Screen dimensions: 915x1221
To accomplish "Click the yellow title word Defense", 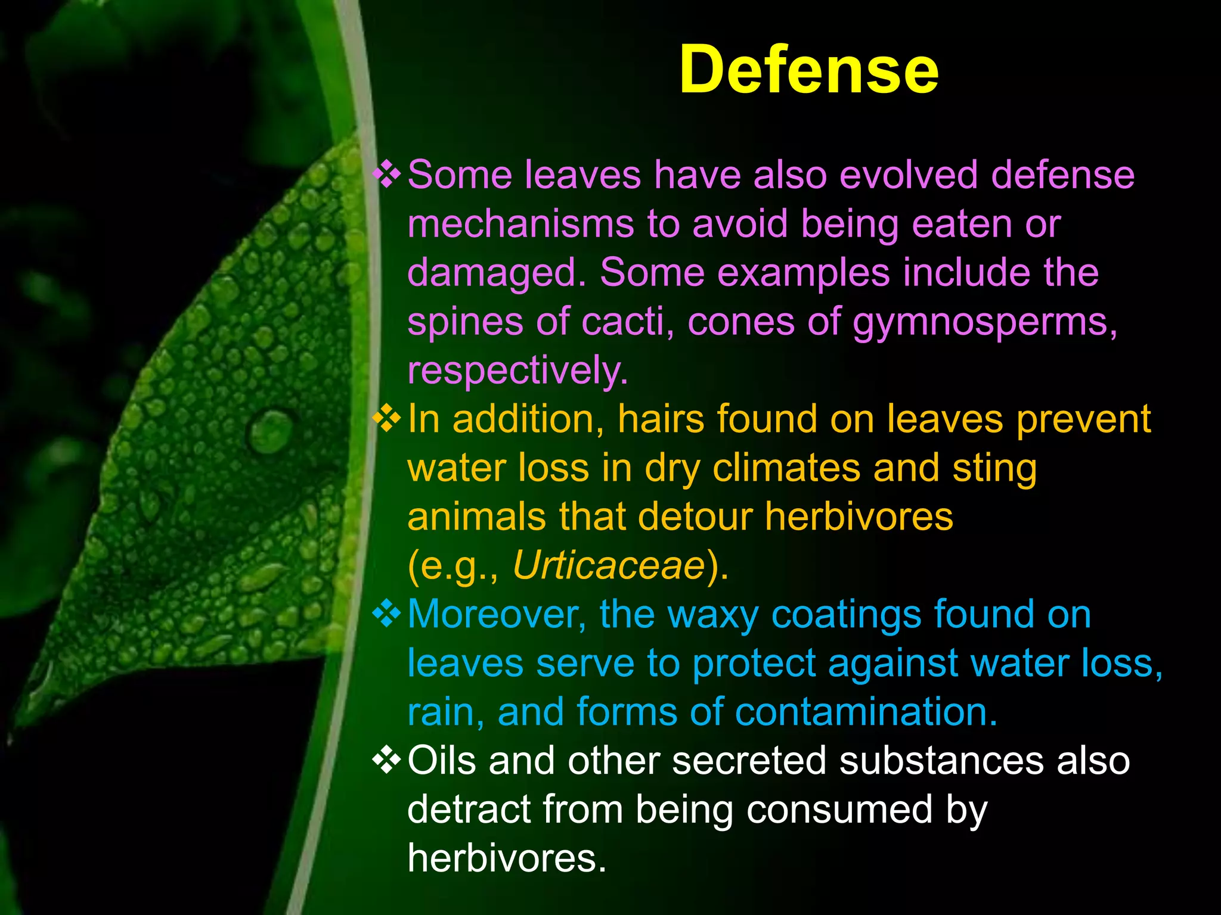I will coord(808,70).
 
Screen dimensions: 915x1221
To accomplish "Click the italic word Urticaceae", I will coord(609,565).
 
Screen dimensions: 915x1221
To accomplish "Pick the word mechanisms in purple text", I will coord(520,225).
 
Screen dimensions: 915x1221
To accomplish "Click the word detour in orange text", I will coord(695,516).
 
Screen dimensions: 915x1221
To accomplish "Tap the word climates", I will coord(786,468).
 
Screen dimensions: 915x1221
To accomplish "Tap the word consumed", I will coord(838,810).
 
